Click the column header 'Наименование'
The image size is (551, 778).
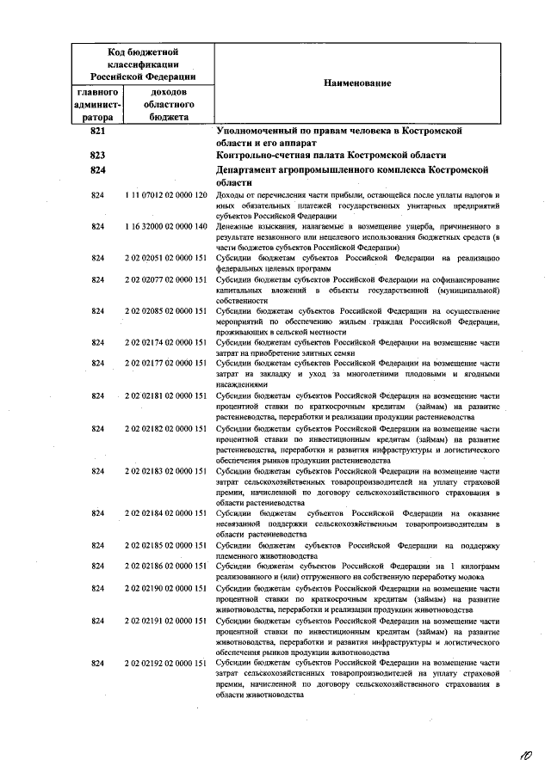tap(356, 83)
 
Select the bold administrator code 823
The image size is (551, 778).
tap(97, 155)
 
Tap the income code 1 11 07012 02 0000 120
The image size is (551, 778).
tap(166, 197)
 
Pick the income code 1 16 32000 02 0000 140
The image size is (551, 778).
tap(166, 226)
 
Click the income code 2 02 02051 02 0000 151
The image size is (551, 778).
tap(166, 257)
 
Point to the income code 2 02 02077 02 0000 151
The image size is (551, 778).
tap(166, 279)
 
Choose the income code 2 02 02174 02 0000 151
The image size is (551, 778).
tap(166, 341)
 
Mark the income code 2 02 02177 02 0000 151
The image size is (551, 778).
tap(166, 363)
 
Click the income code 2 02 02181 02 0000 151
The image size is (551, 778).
tap(166, 395)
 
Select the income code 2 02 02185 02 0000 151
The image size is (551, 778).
tap(166, 545)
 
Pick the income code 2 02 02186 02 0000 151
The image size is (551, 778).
tap(166, 567)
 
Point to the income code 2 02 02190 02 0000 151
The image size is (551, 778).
tap(166, 588)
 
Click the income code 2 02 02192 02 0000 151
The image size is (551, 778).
tap(166, 662)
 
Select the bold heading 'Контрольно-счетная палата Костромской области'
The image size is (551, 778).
tap(331, 155)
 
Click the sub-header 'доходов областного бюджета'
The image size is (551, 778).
tap(169, 104)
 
